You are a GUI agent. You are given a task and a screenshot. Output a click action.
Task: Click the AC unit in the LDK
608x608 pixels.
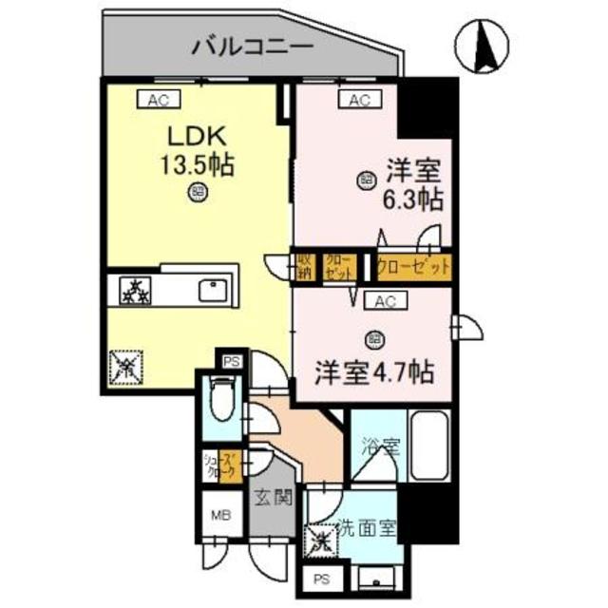tap(158, 98)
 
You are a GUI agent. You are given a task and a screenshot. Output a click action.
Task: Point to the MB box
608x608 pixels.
tap(219, 518)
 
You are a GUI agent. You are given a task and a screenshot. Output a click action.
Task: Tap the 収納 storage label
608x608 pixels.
tap(305, 265)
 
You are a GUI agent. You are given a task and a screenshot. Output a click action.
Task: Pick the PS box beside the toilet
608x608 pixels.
tap(231, 362)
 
